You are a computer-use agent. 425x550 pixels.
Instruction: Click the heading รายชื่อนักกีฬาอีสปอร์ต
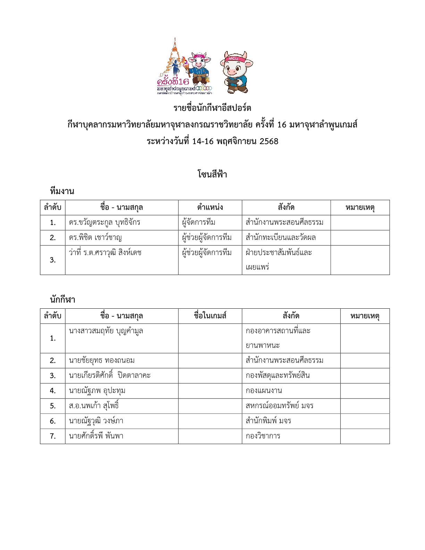coord(212,108)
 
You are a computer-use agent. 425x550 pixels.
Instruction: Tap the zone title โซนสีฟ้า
coord(212,174)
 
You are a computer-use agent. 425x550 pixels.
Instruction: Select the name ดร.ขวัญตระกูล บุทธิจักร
coord(105,223)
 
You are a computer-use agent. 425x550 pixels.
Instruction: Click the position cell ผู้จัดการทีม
coord(199,223)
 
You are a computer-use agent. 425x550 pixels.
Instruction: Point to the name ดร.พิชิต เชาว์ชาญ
coord(95,238)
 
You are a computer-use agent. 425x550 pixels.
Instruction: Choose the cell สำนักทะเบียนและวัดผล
coord(281,238)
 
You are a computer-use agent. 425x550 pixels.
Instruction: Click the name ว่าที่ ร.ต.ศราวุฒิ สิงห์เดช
coord(105,253)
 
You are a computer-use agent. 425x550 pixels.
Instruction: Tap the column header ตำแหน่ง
coord(210,208)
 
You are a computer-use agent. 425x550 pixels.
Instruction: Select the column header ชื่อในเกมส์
coord(210,316)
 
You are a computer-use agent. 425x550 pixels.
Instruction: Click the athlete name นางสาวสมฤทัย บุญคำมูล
coord(106,331)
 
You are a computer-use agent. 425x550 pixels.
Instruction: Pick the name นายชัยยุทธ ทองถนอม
coord(102,361)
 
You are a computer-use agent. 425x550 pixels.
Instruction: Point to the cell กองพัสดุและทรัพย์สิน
coord(277,376)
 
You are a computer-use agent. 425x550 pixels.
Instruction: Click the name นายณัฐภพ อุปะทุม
coord(97,391)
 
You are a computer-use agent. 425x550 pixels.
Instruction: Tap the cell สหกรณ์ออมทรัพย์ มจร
coord(280,406)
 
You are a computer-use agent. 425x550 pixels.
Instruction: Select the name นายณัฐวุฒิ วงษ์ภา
coord(96,421)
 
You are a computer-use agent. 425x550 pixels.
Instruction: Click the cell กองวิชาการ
coord(263,436)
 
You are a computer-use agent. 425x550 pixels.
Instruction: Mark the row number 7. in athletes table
coord(53,436)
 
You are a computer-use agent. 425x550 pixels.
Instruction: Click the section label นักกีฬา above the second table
coord(62,300)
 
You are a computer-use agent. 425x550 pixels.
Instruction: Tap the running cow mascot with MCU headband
coord(236,72)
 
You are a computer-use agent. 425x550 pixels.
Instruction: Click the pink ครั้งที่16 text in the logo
coord(173,82)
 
